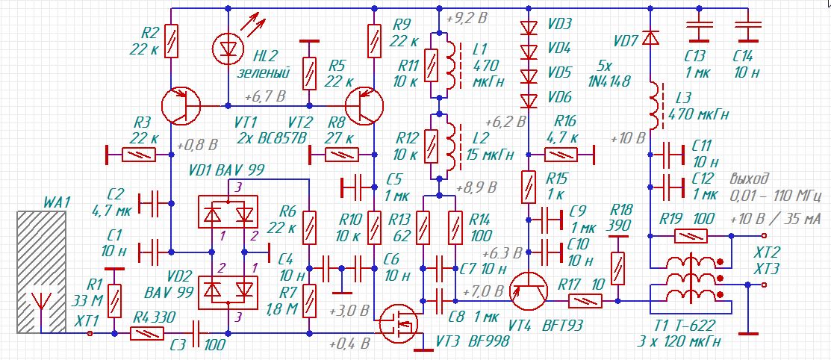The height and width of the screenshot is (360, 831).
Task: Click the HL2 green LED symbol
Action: (x=229, y=49)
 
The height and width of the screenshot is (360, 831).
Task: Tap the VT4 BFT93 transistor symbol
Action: (x=529, y=291)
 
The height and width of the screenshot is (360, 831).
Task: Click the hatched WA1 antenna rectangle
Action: (x=41, y=271)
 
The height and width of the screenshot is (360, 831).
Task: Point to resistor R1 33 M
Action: (x=114, y=300)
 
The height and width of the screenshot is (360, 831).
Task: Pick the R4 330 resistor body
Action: (x=147, y=334)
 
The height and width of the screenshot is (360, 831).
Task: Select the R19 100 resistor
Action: (x=691, y=237)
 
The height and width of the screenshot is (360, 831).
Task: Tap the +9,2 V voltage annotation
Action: (x=467, y=19)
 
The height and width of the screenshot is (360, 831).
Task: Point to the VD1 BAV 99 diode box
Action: (x=228, y=212)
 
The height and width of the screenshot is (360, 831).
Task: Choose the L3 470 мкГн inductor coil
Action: (x=654, y=105)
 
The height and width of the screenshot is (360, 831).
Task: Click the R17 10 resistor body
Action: (x=585, y=302)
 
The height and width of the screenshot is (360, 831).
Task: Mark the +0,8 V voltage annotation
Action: (x=198, y=144)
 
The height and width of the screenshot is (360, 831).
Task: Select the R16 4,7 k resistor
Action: (x=561, y=155)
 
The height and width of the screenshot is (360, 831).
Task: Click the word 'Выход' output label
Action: (x=749, y=179)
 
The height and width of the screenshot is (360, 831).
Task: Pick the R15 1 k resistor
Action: (x=529, y=187)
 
